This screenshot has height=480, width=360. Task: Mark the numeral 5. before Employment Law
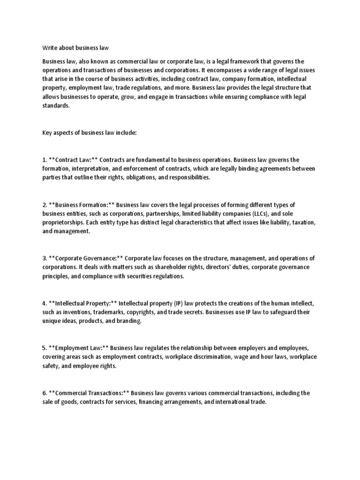point(45,348)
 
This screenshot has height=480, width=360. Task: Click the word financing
point(154,402)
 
